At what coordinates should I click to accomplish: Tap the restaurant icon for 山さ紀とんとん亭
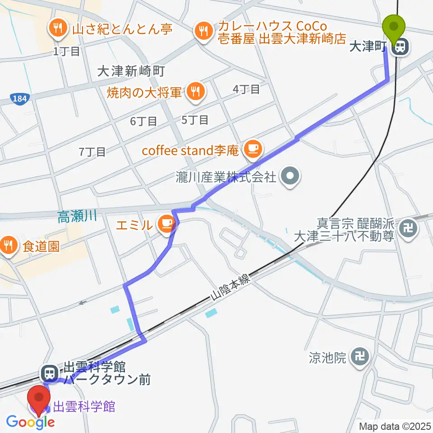[58, 29]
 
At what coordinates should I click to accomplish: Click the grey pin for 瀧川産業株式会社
[289, 176]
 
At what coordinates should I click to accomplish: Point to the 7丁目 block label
[92, 152]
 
